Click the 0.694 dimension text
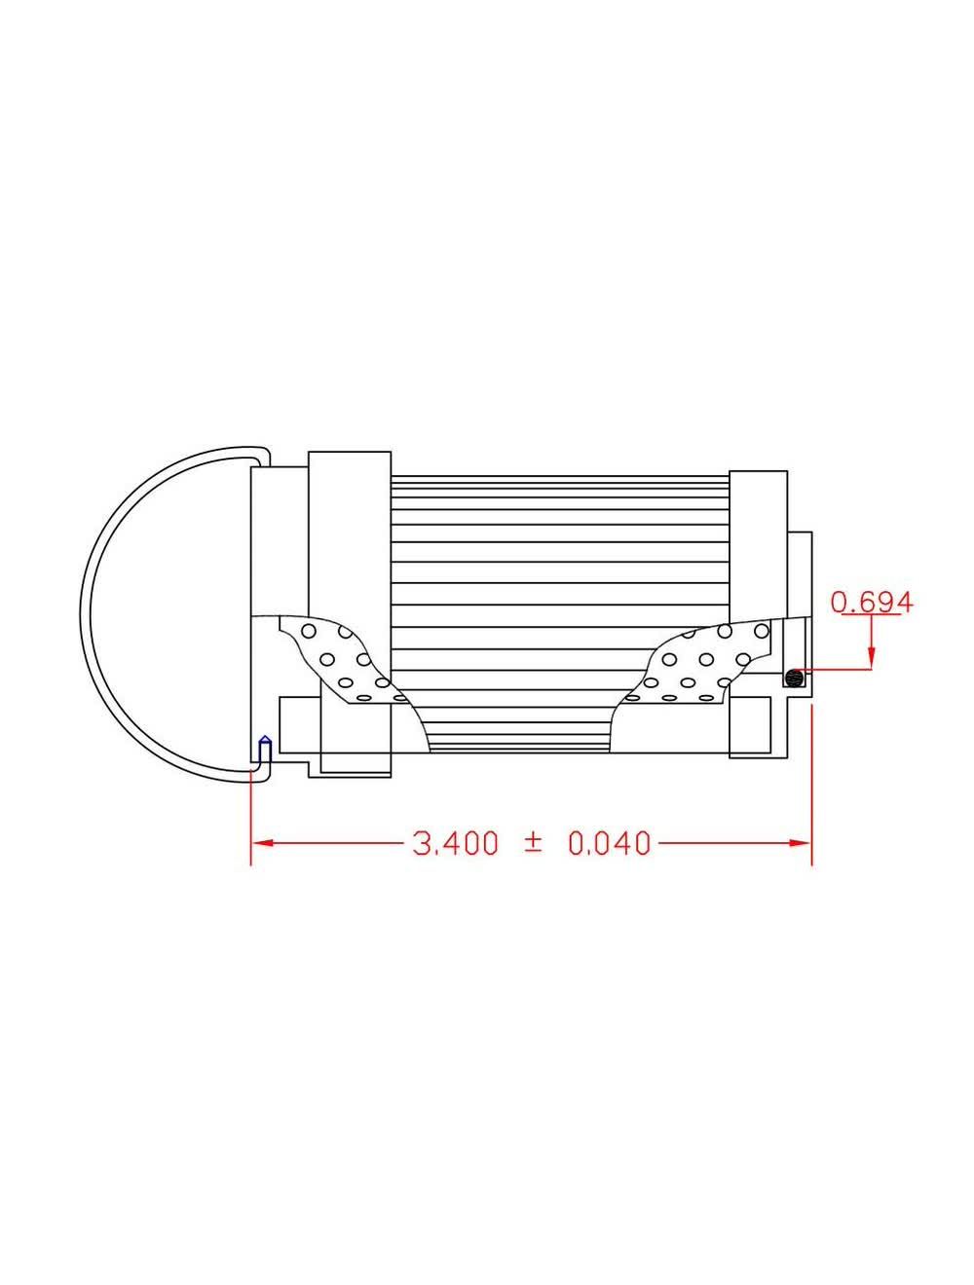872,603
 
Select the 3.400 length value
456,842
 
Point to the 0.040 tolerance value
608,842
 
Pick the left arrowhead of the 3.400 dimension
261,842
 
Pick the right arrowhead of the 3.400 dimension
802,842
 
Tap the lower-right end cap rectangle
758,726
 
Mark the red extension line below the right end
811,779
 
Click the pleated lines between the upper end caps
559,545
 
